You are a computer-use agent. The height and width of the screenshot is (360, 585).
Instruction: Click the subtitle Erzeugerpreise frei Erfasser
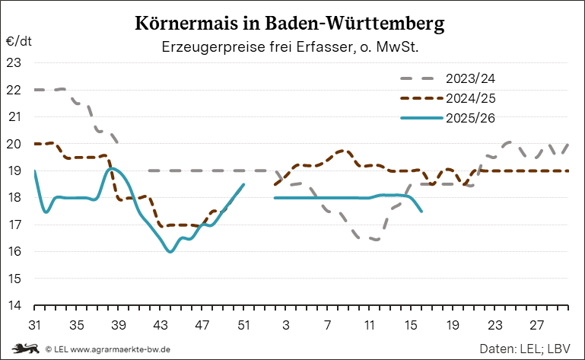291,47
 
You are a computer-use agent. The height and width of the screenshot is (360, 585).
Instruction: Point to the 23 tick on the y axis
14,62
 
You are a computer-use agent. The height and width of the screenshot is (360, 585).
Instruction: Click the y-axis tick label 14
14,306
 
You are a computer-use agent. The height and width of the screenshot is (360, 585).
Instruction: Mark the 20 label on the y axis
14,144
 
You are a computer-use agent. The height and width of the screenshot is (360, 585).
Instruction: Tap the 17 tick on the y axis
14,225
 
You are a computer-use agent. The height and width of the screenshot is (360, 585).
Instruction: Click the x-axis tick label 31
35,325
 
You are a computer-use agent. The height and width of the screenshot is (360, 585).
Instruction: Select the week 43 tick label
161,325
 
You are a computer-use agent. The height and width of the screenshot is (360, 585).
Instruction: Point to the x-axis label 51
244,325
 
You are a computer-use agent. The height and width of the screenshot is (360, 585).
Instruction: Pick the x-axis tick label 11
370,325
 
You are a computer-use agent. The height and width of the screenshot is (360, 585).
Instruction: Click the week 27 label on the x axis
538,325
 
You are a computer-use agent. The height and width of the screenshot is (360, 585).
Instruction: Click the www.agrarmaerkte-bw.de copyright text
107,349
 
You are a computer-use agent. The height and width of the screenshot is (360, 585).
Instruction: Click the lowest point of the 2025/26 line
170,252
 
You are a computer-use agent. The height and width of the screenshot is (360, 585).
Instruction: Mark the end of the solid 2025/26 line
422,212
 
